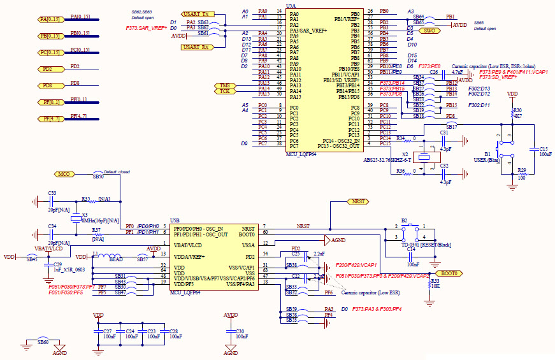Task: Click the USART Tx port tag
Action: tap(195, 14)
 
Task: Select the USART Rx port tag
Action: tap(195, 47)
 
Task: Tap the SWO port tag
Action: tap(430, 30)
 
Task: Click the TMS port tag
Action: tap(224, 85)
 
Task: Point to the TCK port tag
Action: tap(224, 91)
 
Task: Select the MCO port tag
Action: tap(64, 173)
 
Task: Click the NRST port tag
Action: tap(357, 201)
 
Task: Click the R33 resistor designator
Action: tap(435, 280)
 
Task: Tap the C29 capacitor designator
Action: tap(57, 264)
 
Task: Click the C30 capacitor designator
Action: tap(240, 331)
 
